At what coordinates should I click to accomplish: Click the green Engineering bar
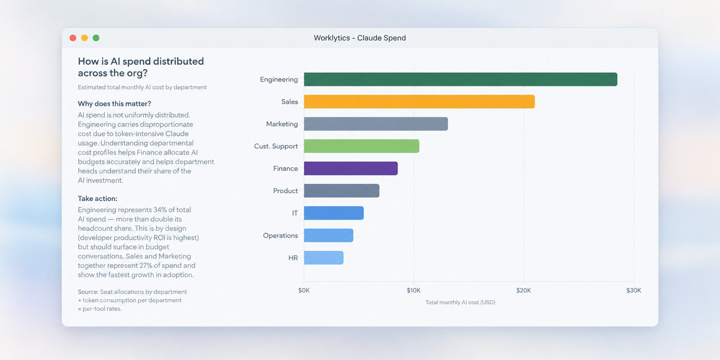(461, 79)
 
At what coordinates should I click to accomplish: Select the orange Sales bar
(419, 101)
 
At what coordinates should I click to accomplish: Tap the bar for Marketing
(376, 124)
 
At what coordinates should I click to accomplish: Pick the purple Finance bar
(351, 168)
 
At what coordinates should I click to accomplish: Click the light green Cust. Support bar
(362, 146)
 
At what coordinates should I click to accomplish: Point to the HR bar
(323, 258)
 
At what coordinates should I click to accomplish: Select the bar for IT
(334, 213)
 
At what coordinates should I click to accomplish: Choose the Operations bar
(328, 235)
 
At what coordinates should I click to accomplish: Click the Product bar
(342, 191)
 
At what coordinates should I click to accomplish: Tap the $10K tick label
(414, 291)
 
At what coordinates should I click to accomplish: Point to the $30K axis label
(634, 291)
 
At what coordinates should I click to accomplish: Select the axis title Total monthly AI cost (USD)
(460, 302)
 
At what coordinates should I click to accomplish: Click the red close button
(73, 38)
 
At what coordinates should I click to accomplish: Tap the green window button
(96, 38)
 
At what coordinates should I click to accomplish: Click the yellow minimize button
(84, 38)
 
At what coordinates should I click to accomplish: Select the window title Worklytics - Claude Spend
(360, 38)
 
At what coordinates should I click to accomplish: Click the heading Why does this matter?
(114, 104)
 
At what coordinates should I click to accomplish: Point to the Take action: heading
(97, 198)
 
